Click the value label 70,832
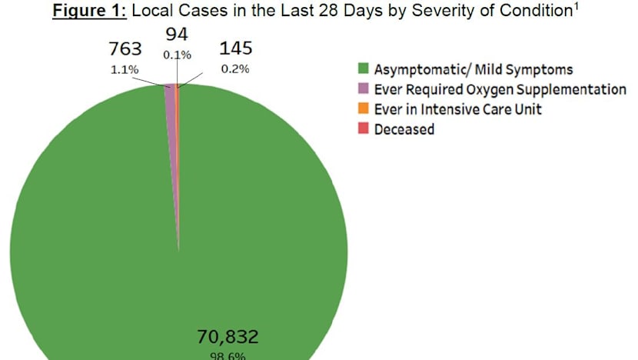tap(227, 336)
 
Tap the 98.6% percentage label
tap(227, 355)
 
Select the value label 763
tap(125, 49)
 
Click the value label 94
tap(178, 35)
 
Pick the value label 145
tap(236, 49)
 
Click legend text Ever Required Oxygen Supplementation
tap(500, 90)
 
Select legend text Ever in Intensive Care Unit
tap(457, 109)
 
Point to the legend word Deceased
tap(404, 129)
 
